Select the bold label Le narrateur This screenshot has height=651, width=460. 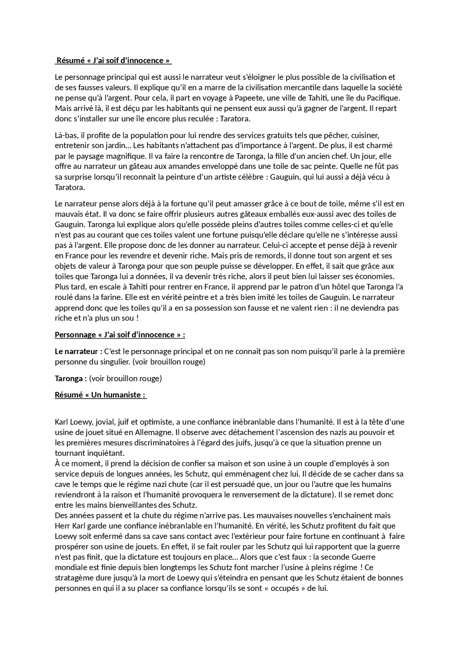click(77, 352)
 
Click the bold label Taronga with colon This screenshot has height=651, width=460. click(71, 379)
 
